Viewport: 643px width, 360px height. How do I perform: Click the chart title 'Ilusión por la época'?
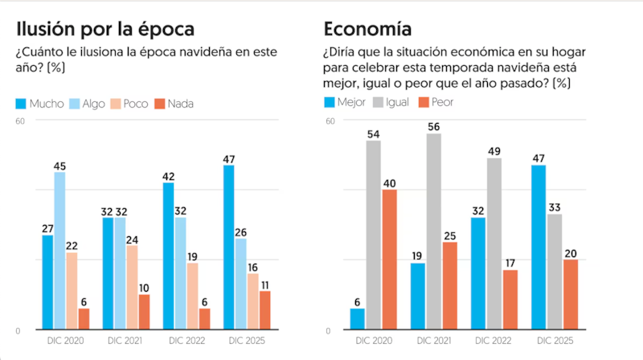coord(105,30)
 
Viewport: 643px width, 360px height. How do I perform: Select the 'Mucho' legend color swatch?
coord(22,104)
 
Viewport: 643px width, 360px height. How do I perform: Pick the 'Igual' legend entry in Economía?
coord(391,103)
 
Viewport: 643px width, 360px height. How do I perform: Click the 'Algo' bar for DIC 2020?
coord(59,251)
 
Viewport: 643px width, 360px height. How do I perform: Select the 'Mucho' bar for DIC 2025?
coord(228,247)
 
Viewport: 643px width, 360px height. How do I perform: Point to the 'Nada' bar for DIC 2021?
coord(144,312)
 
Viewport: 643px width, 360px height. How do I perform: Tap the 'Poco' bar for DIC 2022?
coord(192,296)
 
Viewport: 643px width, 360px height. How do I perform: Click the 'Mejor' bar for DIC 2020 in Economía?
coord(357,319)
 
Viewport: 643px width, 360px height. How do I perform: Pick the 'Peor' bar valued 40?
coord(389,260)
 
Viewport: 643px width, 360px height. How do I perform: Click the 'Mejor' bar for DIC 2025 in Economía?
coord(538,247)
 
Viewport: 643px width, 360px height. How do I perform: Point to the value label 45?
coord(59,166)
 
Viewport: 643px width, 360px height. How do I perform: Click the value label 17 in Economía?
coord(510,264)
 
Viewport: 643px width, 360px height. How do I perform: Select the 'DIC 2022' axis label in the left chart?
coord(186,341)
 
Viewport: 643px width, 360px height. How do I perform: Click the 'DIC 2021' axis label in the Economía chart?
coord(433,341)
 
